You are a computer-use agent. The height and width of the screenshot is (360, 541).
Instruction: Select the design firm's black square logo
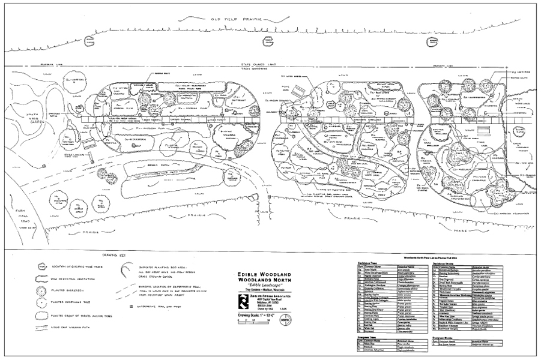pos(244,300)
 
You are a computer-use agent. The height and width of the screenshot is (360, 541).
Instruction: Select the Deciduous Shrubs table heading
pos(442,262)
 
